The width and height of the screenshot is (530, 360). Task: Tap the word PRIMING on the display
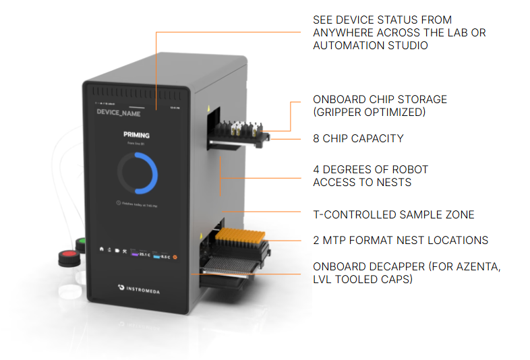(x=137, y=136)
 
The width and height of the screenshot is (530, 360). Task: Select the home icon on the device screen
(x=102, y=249)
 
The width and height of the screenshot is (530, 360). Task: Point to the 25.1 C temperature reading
(x=144, y=255)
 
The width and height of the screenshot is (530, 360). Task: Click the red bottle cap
(x=67, y=257)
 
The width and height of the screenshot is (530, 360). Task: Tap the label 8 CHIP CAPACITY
(x=358, y=138)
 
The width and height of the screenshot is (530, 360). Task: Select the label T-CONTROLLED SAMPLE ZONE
(x=393, y=214)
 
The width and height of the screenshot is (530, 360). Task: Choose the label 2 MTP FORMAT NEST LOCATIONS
(x=401, y=240)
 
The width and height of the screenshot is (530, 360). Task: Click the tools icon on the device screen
(x=124, y=251)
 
